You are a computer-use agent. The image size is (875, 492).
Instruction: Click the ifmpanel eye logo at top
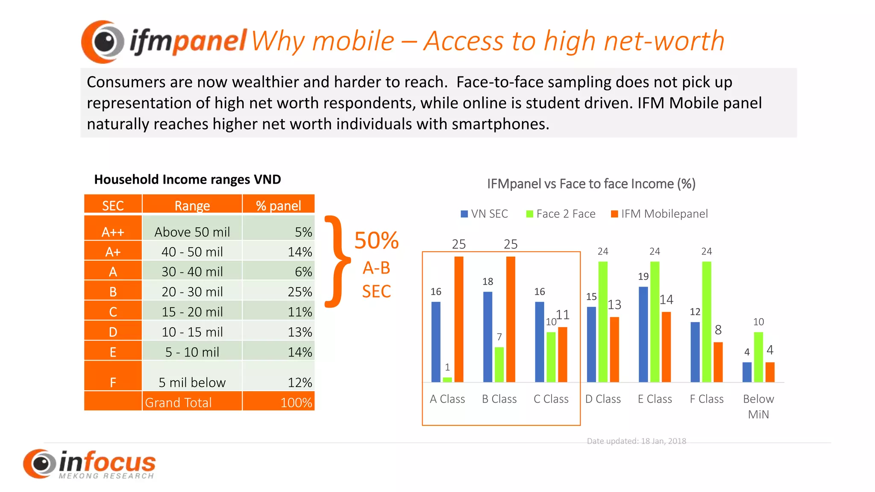(x=103, y=41)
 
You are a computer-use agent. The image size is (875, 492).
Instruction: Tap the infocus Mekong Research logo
(x=90, y=464)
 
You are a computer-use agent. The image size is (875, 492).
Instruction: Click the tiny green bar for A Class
(x=447, y=380)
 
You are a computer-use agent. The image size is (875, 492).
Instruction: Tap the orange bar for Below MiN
(x=770, y=372)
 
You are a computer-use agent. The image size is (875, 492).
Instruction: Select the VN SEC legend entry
(x=484, y=214)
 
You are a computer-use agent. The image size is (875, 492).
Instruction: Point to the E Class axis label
(x=655, y=399)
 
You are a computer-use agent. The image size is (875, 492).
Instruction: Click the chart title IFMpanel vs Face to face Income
(x=591, y=184)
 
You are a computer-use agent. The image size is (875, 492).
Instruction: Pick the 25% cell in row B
(x=279, y=292)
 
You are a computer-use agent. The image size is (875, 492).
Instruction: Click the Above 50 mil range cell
(x=192, y=232)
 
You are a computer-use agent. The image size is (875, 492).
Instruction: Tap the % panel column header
(x=279, y=205)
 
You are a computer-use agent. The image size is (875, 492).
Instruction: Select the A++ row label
(x=113, y=232)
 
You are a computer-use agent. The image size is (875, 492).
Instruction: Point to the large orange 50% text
(x=376, y=240)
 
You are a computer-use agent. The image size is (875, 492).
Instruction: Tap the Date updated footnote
(x=636, y=441)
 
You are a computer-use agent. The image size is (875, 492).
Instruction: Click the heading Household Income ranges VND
(x=188, y=179)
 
